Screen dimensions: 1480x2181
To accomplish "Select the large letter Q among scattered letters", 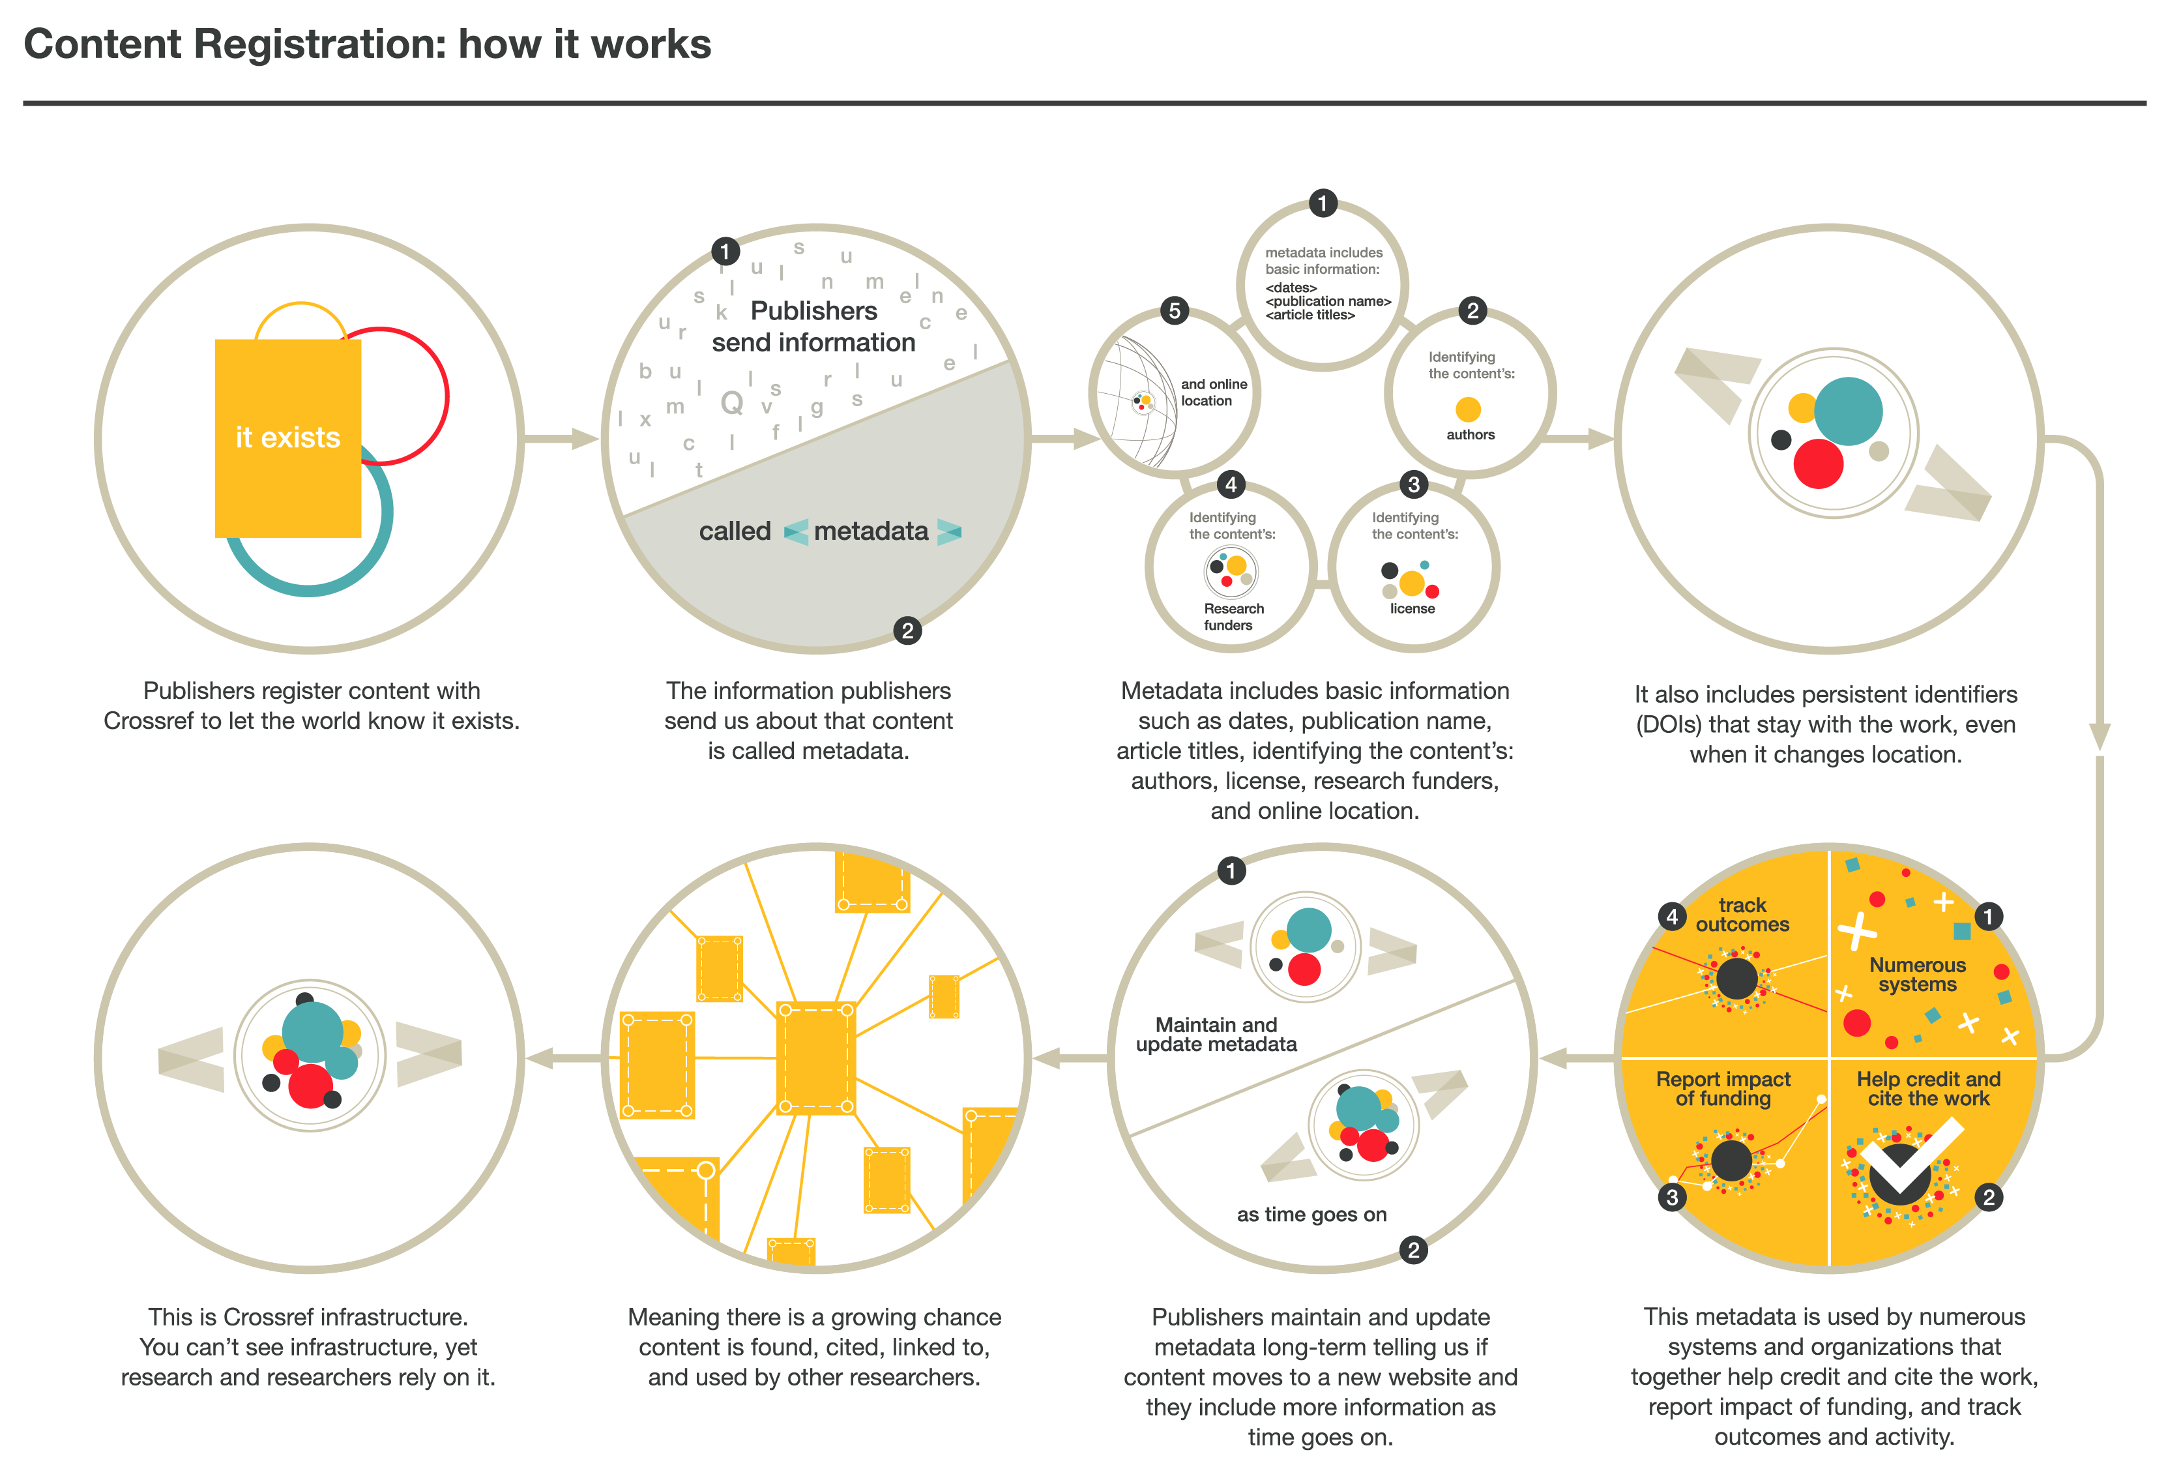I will tap(731, 403).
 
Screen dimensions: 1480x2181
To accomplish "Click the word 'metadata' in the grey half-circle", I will tap(870, 531).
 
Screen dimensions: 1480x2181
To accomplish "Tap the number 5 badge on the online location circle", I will tap(1174, 310).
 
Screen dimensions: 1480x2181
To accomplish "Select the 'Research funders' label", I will tap(1232, 617).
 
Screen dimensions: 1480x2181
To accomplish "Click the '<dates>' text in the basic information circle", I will tap(1291, 287).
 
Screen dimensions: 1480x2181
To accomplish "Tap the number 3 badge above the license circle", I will tap(1413, 484).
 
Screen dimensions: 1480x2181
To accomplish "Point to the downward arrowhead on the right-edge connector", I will tap(2100, 737).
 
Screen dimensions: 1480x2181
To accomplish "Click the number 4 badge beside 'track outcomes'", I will tap(1671, 916).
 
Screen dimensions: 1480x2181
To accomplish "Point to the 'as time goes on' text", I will tap(1311, 1215).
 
